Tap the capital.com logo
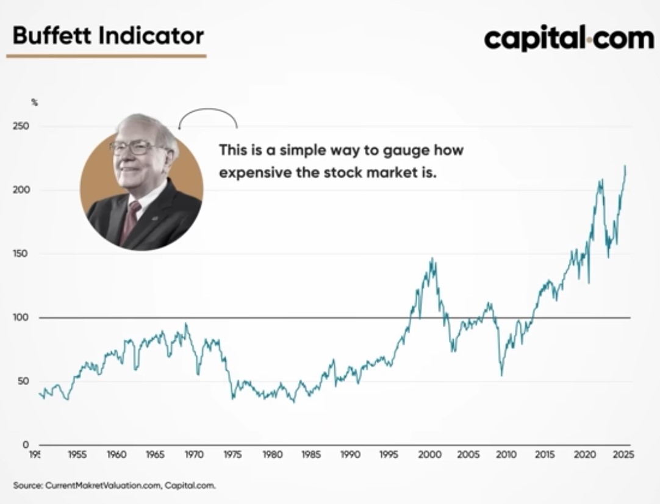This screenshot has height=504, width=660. pyautogui.click(x=569, y=38)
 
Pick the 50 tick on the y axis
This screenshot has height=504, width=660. pyautogui.click(x=24, y=381)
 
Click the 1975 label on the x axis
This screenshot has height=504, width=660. pyautogui.click(x=233, y=455)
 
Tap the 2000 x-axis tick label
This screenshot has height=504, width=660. pyautogui.click(x=429, y=455)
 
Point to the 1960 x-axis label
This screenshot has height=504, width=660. pyautogui.click(x=116, y=455)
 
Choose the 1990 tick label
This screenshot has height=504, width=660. pyautogui.click(x=351, y=455)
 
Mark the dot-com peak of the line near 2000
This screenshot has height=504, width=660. pyautogui.click(x=432, y=259)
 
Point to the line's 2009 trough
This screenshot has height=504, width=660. pyautogui.click(x=501, y=375)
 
